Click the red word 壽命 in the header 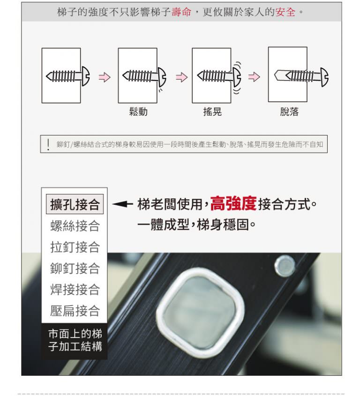coord(181,12)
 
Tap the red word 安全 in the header coord(285,12)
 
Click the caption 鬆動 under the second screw coord(138,112)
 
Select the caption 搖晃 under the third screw coord(212,112)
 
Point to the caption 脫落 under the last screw coord(289,112)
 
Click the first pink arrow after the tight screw coord(105,77)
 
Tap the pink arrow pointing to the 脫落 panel coord(254,77)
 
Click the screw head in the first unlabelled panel coord(86,76)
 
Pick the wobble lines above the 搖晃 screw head coord(238,66)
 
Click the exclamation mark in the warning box coord(48,145)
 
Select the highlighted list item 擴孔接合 coord(75,204)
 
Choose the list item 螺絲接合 coord(75,225)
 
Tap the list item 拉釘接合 coord(75,247)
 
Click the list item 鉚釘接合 coord(75,268)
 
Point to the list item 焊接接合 coord(75,289)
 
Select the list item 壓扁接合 coord(75,310)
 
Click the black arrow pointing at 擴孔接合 coord(122,204)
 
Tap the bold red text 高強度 coord(233,203)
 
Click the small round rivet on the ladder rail coord(285,266)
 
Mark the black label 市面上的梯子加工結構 coord(75,340)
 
